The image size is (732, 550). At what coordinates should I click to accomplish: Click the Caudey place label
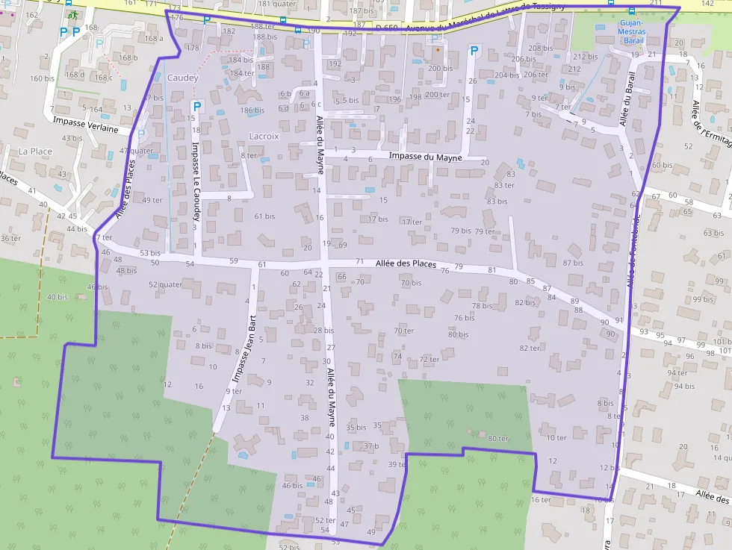tap(183, 78)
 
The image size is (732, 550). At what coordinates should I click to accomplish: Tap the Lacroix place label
tap(264, 136)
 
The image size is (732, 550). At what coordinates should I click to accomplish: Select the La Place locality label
tap(35, 151)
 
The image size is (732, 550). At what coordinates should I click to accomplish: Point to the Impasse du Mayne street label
tap(425, 157)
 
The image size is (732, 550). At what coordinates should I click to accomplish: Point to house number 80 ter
tap(497, 438)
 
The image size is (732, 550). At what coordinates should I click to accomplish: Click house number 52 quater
tap(165, 284)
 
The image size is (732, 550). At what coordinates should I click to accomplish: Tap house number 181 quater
tap(277, 4)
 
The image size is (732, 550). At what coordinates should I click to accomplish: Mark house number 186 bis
tap(252, 110)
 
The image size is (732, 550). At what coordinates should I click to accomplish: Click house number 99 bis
tap(704, 299)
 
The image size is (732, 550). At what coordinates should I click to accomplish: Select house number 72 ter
tap(429, 359)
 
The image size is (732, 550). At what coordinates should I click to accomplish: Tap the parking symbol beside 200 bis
tap(474, 51)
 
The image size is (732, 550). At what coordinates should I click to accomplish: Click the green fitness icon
tap(72, 14)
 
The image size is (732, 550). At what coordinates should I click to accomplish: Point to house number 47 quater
tap(137, 150)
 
